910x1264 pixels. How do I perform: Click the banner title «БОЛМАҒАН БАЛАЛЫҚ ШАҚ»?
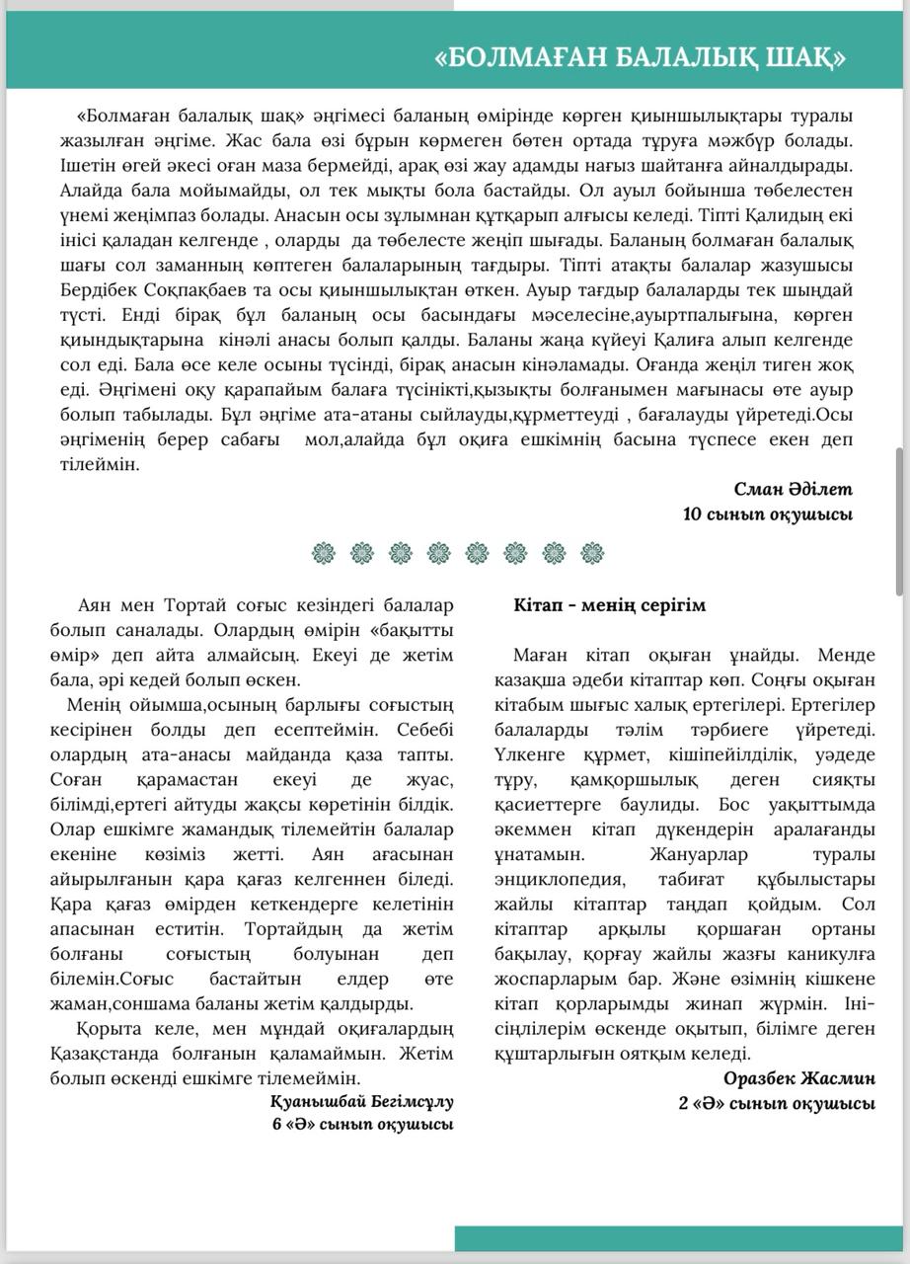coord(640,58)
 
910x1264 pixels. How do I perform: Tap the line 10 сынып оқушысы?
coord(767,513)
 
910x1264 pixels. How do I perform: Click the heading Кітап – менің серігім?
coord(609,605)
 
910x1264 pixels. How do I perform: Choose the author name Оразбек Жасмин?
coord(798,1078)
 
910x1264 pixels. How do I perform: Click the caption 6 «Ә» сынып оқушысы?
coord(362,1124)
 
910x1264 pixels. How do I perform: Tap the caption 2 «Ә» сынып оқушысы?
coord(776,1103)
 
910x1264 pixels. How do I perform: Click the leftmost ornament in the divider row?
coord(322,551)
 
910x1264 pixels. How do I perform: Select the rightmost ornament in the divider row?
coord(592,551)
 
